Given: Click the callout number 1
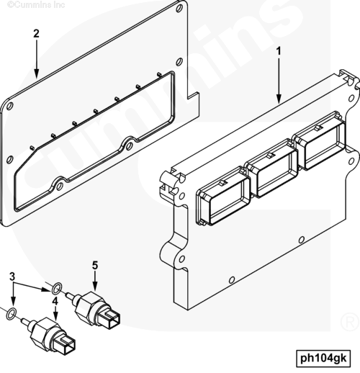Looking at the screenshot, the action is tap(279, 51).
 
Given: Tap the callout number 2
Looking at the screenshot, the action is tap(36, 33).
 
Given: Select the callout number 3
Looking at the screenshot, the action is tap(12, 277).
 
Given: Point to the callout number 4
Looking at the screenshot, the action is tap(55, 301).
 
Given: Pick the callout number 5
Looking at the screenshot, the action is tap(95, 266).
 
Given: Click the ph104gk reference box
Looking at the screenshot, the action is tap(323, 359).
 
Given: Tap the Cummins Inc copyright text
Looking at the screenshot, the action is tap(36, 4).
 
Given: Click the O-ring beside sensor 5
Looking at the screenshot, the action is tap(57, 288).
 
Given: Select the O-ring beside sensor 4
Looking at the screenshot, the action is tap(12, 313).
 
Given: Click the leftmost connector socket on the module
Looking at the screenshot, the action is tap(223, 197).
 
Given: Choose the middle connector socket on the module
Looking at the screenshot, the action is tap(272, 168).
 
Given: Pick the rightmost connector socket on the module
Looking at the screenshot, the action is tap(320, 141).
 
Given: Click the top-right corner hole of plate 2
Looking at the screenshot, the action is tap(179, 9).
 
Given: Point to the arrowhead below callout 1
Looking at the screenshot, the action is tap(279, 99).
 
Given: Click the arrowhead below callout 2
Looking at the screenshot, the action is tap(37, 73).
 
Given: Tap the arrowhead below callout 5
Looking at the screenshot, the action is tap(95, 286).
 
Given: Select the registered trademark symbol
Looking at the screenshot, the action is tap(350, 321).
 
